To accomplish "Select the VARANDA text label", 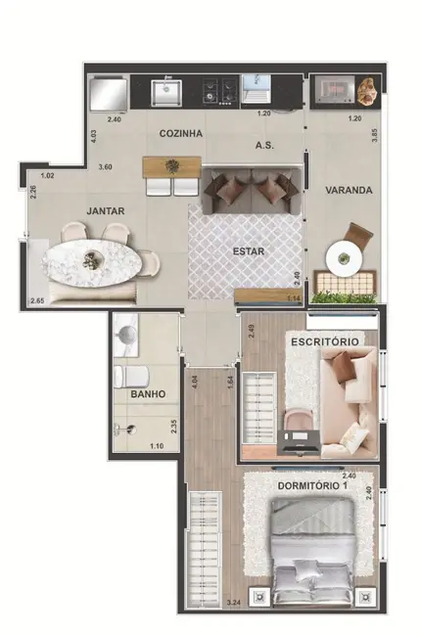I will pyautogui.click(x=350, y=190).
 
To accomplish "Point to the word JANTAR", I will pyautogui.click(x=104, y=209).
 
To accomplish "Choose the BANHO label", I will pyautogui.click(x=147, y=395).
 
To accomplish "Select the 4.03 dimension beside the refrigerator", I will pyautogui.click(x=93, y=138).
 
